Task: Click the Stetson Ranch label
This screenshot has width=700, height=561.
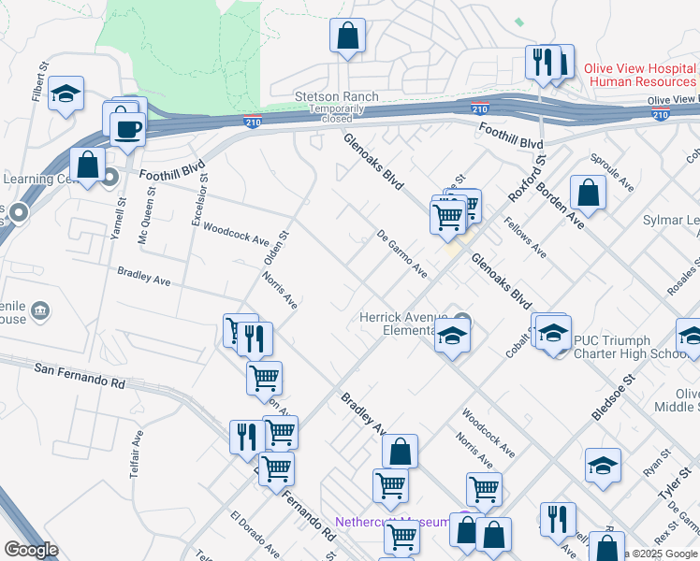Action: point(337,96)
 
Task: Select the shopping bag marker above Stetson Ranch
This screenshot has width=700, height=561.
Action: point(347,36)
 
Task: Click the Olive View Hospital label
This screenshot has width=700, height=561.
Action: point(640,69)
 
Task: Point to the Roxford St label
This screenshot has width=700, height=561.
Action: point(526,179)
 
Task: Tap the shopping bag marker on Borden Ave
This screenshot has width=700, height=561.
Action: point(588,193)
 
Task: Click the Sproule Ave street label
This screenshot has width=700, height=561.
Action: point(612,174)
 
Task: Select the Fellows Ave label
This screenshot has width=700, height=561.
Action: point(525,237)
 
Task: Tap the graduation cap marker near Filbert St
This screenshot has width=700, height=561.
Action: point(66,93)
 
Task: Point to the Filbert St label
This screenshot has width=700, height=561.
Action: point(40,81)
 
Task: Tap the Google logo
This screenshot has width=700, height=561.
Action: point(31,549)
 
